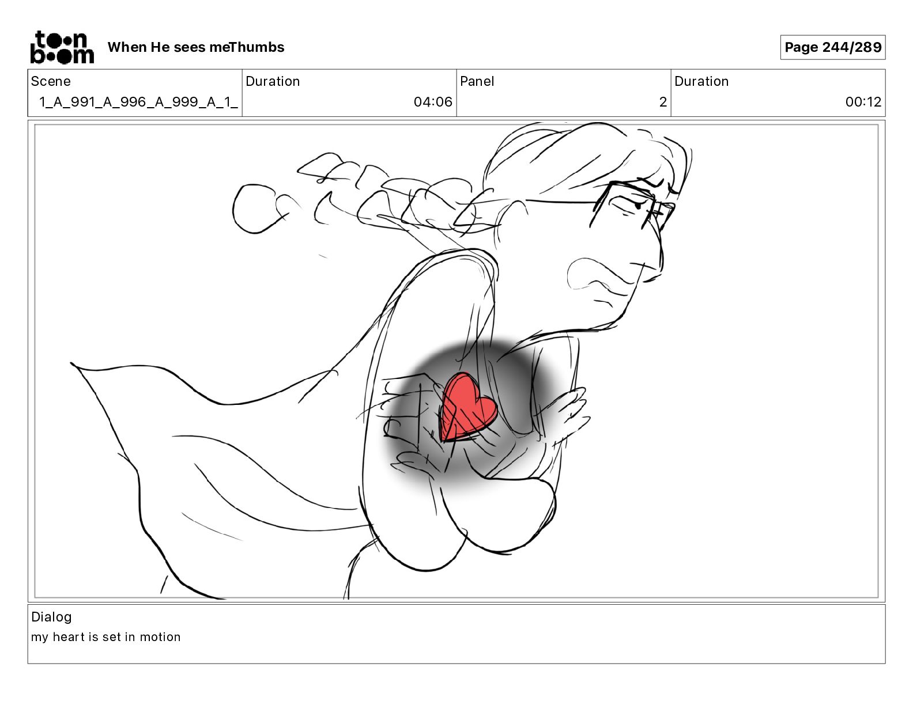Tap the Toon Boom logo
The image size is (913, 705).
point(62,47)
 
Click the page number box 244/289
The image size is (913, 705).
point(833,47)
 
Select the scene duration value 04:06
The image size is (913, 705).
point(433,101)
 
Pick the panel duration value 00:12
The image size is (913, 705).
point(863,101)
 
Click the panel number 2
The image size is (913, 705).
point(663,101)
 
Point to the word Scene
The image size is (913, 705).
point(50,81)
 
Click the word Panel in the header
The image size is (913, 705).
point(477,81)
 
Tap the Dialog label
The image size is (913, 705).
point(51,617)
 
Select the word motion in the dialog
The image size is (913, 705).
point(160,637)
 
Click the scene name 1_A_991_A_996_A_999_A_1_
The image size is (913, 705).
point(138,102)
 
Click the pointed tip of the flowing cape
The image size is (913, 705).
point(72,363)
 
